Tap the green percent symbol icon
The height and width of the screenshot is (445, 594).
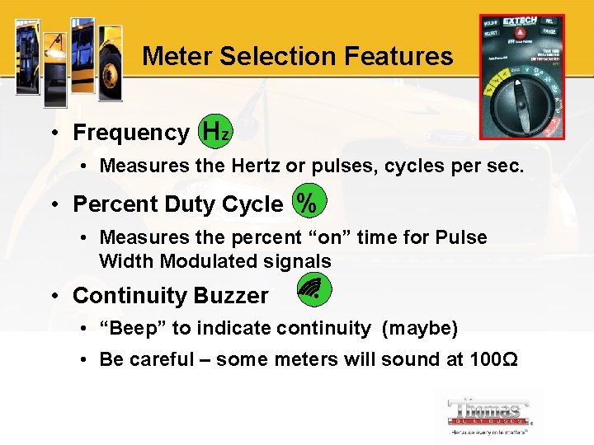(x=308, y=203)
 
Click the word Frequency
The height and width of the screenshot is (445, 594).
(x=131, y=133)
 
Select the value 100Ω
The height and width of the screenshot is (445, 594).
(x=495, y=359)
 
